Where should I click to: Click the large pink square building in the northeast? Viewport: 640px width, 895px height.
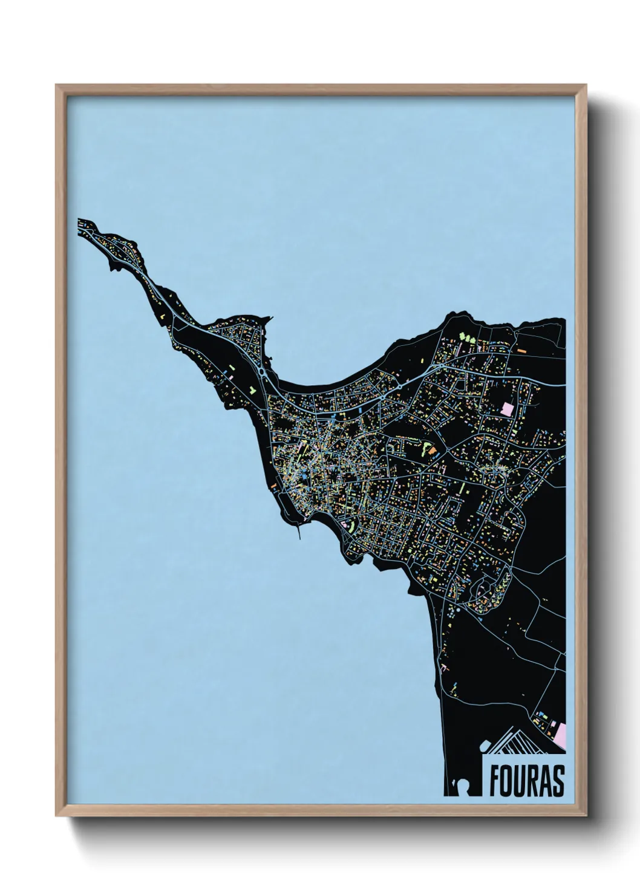507,408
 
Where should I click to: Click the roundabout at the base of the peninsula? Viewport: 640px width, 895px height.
261,373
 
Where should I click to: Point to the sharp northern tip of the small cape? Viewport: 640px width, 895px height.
270,317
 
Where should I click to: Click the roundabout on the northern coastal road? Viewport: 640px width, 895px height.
400,384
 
